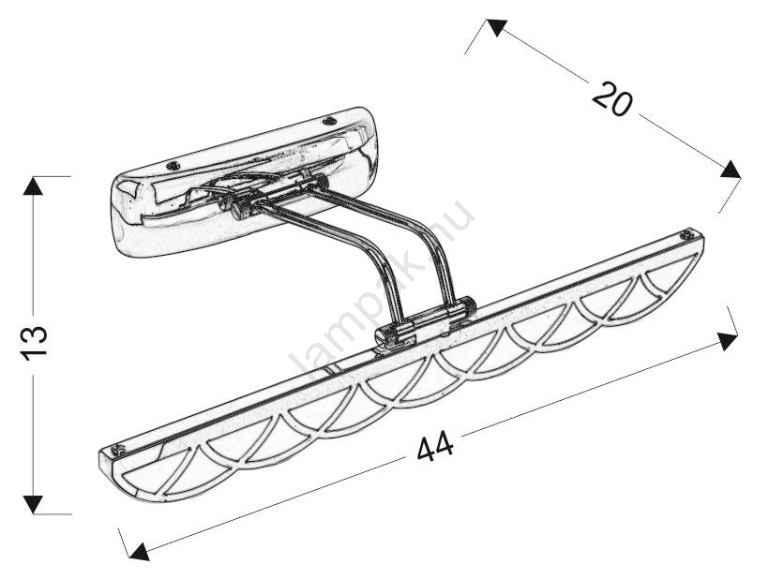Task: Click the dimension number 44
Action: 435,447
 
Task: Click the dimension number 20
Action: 612,99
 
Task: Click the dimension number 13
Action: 35,342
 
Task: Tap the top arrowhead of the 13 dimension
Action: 34,186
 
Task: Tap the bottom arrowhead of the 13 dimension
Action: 34,505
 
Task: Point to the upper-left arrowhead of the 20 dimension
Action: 496,27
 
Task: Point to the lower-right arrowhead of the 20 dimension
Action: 731,170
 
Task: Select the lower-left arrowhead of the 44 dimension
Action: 140,551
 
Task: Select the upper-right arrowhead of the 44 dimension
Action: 728,340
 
